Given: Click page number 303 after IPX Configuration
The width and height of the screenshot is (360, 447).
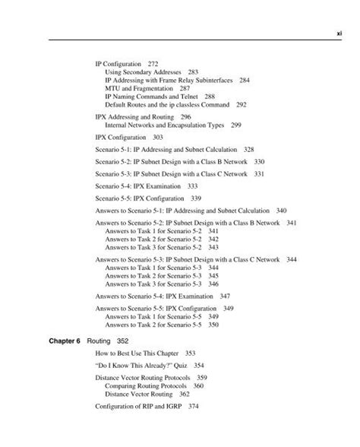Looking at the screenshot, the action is (158, 138).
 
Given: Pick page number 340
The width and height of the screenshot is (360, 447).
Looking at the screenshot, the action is (281, 210).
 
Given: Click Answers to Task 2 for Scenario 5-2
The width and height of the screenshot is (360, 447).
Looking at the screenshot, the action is (153, 239).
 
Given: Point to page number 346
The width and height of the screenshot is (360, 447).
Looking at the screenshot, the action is (213, 283).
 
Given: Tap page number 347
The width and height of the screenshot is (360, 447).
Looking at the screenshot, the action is (225, 296).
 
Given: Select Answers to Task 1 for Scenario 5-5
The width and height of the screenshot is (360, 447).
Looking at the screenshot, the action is (153, 316).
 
